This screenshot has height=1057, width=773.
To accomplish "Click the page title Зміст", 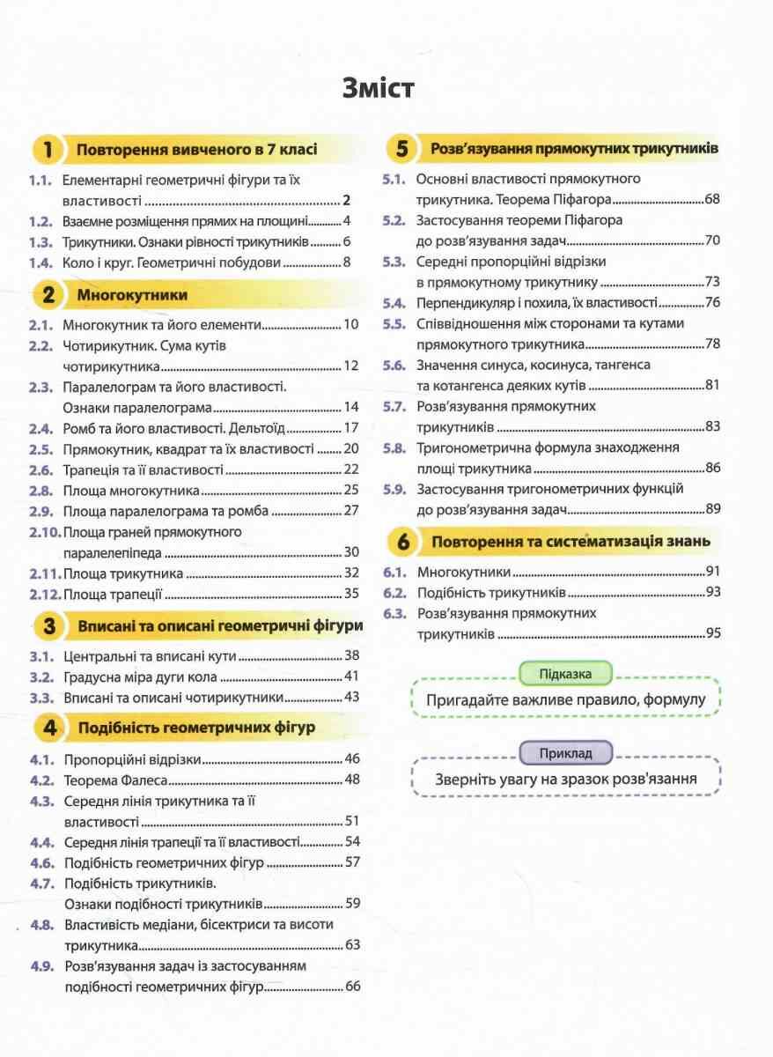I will (386, 90).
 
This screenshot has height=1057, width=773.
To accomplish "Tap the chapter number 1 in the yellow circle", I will (48, 151).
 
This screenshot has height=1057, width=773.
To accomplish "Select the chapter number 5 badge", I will (402, 150).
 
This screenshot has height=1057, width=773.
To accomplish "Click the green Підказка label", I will (565, 675).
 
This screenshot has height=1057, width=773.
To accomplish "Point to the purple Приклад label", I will (565, 753).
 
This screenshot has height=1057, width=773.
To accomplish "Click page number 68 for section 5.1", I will (712, 199).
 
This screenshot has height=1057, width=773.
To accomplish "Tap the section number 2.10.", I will (44, 532).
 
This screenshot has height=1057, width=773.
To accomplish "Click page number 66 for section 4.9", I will (352, 986).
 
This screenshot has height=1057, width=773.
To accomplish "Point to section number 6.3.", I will (394, 612).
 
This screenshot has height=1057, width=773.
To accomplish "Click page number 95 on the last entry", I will (712, 632).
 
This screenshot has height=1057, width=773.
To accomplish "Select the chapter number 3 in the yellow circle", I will (49, 626).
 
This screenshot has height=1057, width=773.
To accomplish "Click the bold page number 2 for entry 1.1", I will (347, 200).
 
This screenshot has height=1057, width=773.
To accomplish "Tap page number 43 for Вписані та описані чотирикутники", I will (352, 697).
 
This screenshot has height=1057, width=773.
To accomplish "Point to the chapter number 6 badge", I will (402, 543).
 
